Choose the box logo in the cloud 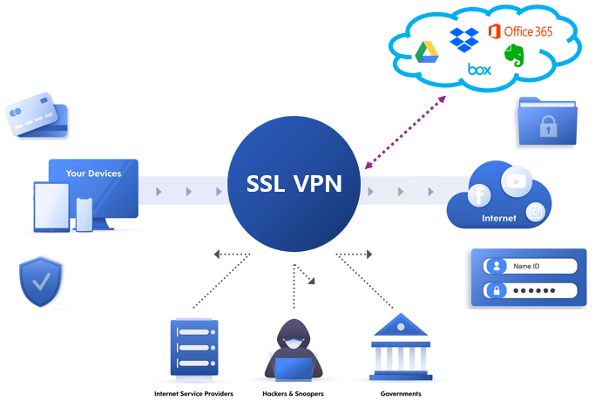click(x=479, y=69)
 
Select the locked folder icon click(x=547, y=121)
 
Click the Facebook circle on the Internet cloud click(x=480, y=196)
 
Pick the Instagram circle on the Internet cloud click(x=537, y=212)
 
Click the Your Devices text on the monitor click(x=93, y=173)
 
